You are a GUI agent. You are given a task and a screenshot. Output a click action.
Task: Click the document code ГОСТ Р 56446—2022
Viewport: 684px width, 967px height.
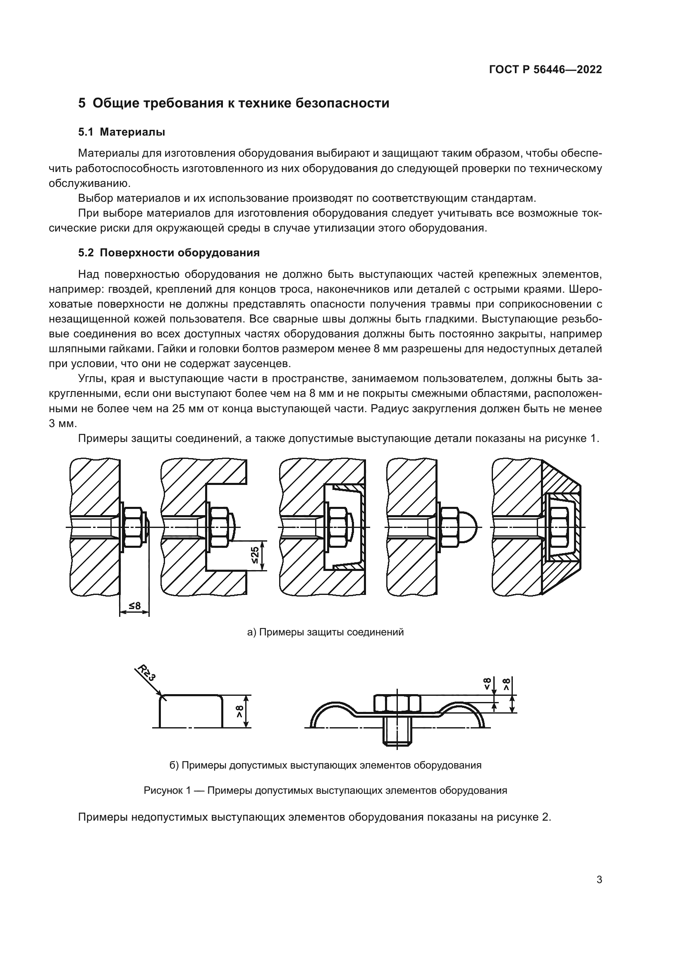coord(545,70)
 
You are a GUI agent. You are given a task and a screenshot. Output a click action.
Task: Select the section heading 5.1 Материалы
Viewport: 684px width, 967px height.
coord(122,132)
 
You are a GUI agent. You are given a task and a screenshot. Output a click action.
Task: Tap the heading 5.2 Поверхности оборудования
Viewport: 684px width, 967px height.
coord(169,253)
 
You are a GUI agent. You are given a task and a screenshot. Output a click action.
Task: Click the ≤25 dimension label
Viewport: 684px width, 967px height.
coord(255,556)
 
